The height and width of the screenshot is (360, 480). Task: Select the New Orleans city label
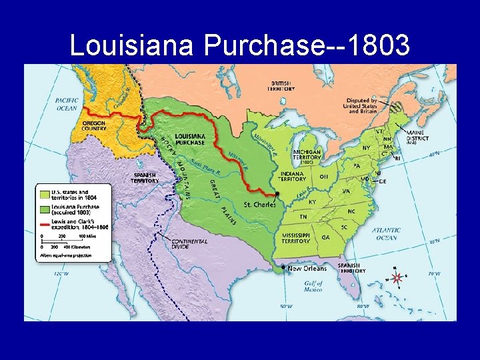pyautogui.click(x=307, y=269)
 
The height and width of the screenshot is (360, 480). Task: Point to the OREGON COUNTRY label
pyautogui.click(x=94, y=125)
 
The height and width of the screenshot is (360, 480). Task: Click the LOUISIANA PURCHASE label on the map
pyautogui.click(x=190, y=138)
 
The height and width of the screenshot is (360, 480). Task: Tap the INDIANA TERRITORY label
pyautogui.click(x=293, y=176)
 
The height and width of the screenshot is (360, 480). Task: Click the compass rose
pyautogui.click(x=396, y=276)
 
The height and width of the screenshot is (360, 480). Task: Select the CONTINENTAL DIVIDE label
pyautogui.click(x=189, y=244)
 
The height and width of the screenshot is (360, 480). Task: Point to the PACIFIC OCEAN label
pyautogui.click(x=67, y=103)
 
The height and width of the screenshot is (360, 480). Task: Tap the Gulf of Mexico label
pyautogui.click(x=313, y=286)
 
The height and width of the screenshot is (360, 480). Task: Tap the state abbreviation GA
pyautogui.click(x=326, y=237)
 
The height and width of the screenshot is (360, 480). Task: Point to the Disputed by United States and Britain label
pyautogui.click(x=360, y=105)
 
